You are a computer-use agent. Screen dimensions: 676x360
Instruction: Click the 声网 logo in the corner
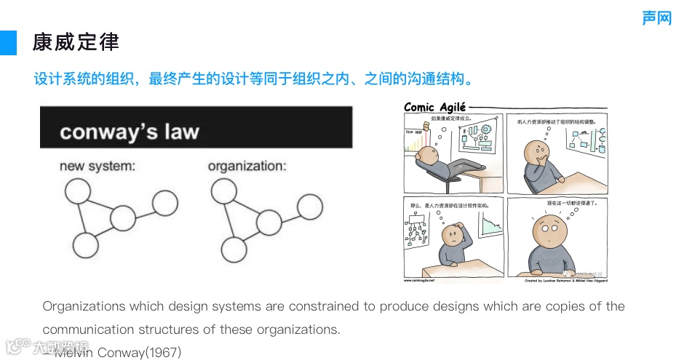point(656,18)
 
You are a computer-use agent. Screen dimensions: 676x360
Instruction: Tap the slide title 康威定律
point(76,42)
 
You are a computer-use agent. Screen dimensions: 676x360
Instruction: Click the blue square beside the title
point(8,43)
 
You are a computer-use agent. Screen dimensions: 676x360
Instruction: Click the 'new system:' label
point(98,166)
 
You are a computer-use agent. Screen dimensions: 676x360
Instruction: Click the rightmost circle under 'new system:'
point(165,203)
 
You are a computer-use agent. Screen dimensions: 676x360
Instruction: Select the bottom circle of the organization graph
point(234,249)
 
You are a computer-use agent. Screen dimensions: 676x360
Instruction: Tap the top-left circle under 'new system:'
point(78,191)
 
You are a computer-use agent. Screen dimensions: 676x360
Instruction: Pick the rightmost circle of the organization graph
point(309,207)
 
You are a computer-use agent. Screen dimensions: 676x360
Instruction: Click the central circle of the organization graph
point(269,223)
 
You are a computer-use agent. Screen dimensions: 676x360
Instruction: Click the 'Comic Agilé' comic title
point(435,108)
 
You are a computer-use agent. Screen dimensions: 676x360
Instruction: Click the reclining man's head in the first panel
point(429,156)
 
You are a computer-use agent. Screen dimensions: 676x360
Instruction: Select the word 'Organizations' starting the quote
point(83,306)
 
